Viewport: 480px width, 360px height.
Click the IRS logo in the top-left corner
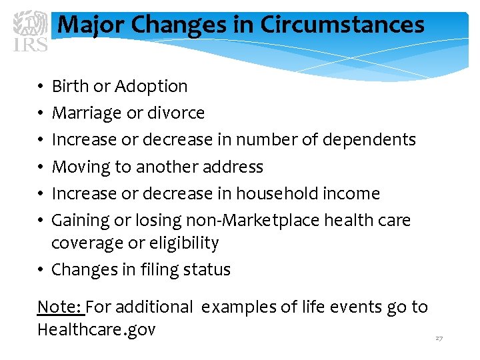click(31, 31)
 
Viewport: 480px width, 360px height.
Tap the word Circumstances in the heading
click(342, 25)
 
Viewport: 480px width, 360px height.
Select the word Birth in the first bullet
click(71, 87)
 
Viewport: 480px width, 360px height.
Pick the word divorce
click(176, 113)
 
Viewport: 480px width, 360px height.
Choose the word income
click(351, 193)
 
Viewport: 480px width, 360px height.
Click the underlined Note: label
click(60, 307)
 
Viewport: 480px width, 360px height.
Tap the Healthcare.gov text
click(96, 330)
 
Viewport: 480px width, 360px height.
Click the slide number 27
click(439, 339)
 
